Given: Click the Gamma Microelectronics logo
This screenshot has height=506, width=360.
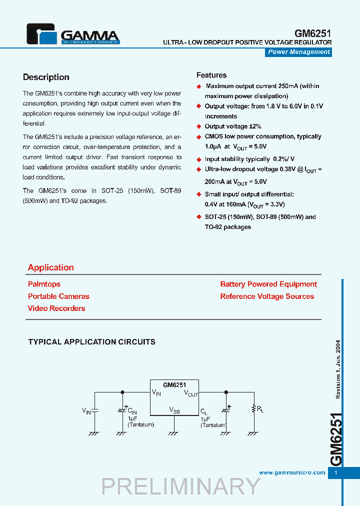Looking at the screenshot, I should (73, 35).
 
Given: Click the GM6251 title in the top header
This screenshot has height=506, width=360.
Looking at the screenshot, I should (312, 33).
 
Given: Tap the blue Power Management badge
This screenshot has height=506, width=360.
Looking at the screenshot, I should (299, 52).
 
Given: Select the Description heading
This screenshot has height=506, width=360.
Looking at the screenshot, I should (46, 77).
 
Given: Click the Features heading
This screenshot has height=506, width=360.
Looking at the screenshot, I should (211, 75).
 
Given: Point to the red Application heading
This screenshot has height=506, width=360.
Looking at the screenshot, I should (51, 267).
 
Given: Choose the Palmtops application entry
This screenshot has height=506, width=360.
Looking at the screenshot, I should (44, 284).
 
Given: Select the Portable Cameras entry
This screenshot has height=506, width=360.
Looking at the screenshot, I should (58, 296).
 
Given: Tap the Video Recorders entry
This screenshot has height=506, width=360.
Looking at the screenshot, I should (56, 308).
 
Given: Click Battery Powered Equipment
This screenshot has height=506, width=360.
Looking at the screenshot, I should (268, 284).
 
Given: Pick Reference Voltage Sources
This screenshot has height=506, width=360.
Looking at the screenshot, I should (267, 296).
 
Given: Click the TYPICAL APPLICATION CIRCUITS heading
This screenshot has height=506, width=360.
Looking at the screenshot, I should (91, 342).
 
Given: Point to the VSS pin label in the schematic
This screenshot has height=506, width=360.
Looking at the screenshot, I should (174, 410).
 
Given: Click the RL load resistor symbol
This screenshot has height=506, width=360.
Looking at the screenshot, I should (254, 409).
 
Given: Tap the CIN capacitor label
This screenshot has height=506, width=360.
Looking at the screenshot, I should (132, 411).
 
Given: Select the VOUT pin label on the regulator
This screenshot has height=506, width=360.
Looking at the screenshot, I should (191, 393).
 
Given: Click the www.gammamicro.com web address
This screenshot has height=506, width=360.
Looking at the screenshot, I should (292, 472).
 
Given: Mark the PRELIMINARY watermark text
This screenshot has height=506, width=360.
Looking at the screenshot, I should (181, 486).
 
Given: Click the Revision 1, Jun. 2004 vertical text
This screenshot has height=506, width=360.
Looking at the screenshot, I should (338, 369).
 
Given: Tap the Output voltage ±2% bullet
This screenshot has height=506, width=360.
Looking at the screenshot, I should (232, 126).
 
